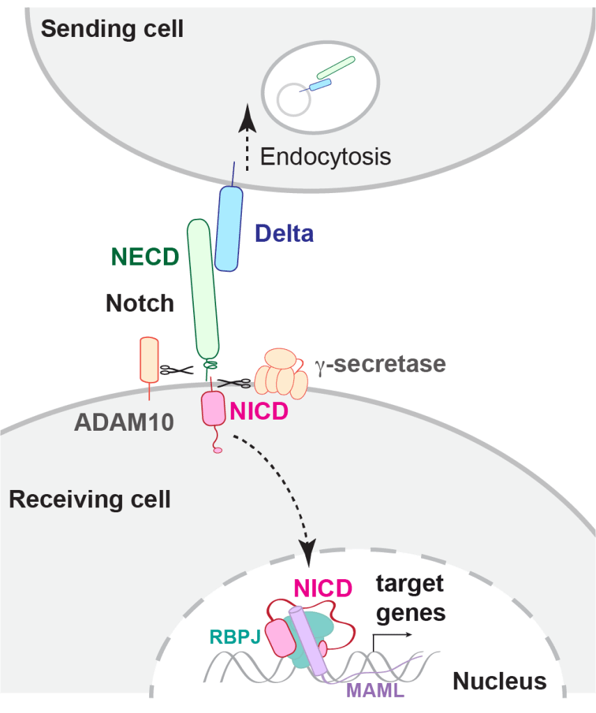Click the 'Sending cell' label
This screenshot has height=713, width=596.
112,29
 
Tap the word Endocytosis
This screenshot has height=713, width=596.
325,156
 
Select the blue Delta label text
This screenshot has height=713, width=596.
284,233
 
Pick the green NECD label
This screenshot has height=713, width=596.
145,256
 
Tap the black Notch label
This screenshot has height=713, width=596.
139,303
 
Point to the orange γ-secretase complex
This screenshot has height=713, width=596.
280,374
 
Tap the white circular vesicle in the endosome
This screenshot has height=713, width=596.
293,100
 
